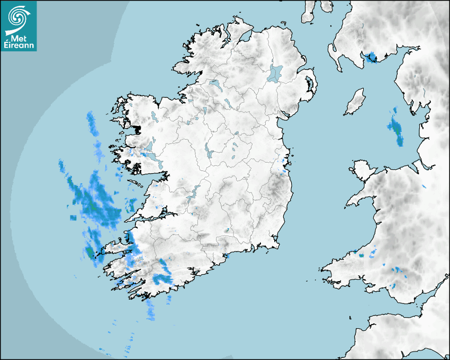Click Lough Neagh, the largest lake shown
tap(276, 73)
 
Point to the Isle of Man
tap(355, 102)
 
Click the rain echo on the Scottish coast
tap(371, 57)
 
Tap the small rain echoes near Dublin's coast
tap(284, 165)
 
